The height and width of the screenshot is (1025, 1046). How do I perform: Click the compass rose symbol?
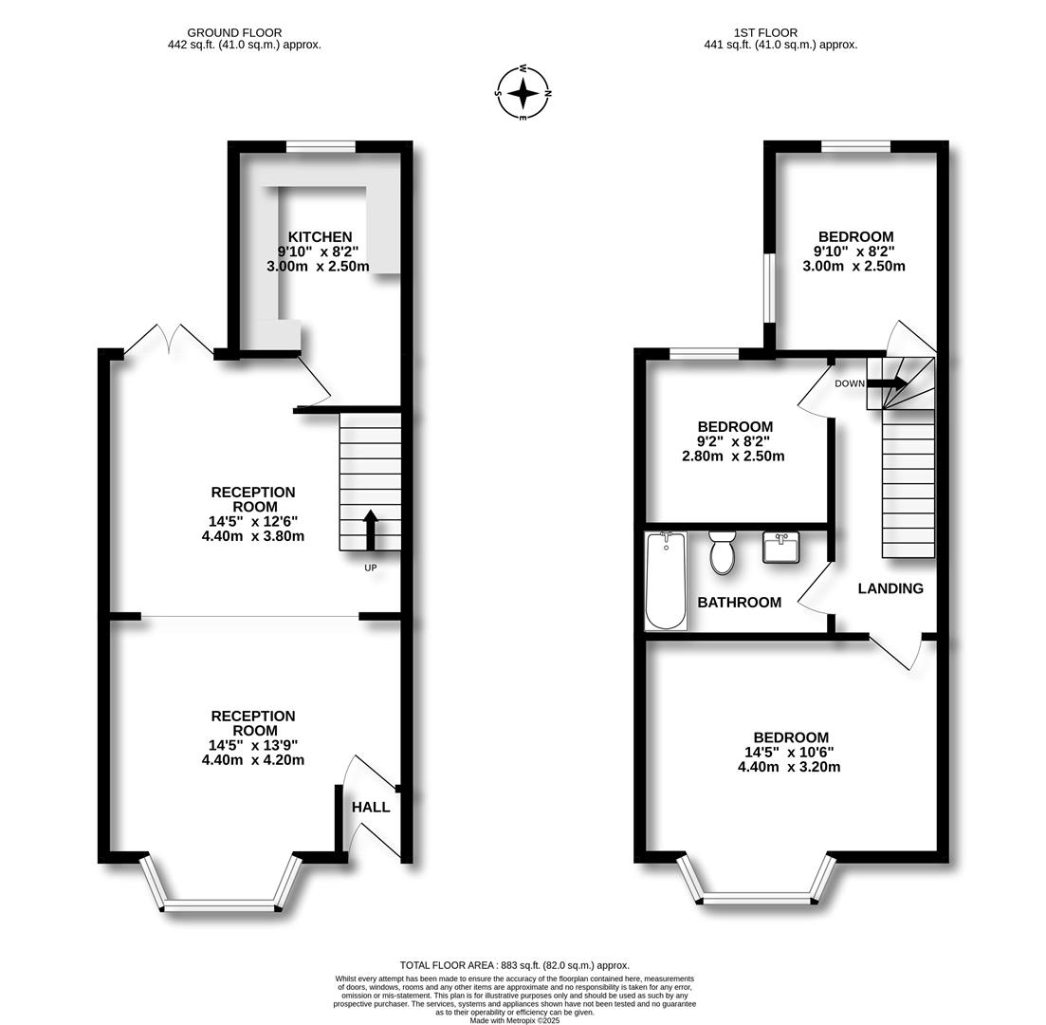[x=523, y=94]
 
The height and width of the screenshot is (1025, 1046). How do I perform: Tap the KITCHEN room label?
[x=321, y=237]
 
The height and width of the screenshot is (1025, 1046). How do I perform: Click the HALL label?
[x=371, y=808]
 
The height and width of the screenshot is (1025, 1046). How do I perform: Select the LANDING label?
[x=890, y=588]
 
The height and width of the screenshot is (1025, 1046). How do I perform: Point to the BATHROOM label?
[x=739, y=603]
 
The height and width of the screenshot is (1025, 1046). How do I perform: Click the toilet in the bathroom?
[x=722, y=552]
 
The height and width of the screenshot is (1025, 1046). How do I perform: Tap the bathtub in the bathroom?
[x=666, y=581]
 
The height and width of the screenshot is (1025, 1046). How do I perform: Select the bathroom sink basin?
[x=781, y=548]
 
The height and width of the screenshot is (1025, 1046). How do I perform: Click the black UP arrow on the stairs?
[x=370, y=531]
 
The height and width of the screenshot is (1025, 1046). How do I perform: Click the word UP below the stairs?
[x=370, y=568]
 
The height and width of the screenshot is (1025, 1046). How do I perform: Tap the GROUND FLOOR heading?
[x=234, y=32]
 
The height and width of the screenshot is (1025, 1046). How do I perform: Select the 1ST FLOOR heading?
[x=765, y=32]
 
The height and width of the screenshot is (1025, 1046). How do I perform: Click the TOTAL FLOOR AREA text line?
[x=514, y=965]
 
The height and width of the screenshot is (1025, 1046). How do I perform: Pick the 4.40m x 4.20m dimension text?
[x=253, y=760]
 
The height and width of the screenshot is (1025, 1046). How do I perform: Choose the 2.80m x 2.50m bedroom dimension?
[x=733, y=457]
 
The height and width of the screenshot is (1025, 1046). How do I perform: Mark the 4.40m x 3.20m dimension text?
[x=789, y=767]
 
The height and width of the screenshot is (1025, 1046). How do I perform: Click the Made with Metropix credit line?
[x=515, y=1020]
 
